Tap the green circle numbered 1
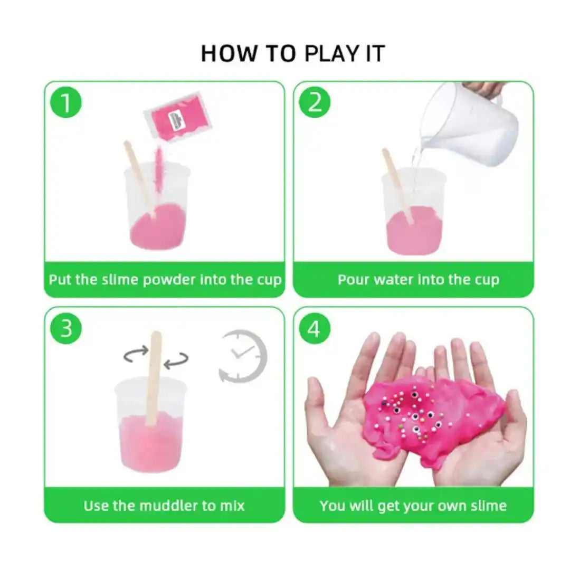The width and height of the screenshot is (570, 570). (66, 102)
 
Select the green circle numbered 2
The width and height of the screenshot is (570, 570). (315, 102)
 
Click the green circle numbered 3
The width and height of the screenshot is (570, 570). (66, 328)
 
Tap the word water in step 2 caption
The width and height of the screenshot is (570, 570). (395, 279)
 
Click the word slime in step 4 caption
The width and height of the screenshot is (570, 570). (488, 506)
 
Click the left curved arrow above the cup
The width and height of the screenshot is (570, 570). (136, 354)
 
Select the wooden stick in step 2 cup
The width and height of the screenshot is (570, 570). (397, 182)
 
